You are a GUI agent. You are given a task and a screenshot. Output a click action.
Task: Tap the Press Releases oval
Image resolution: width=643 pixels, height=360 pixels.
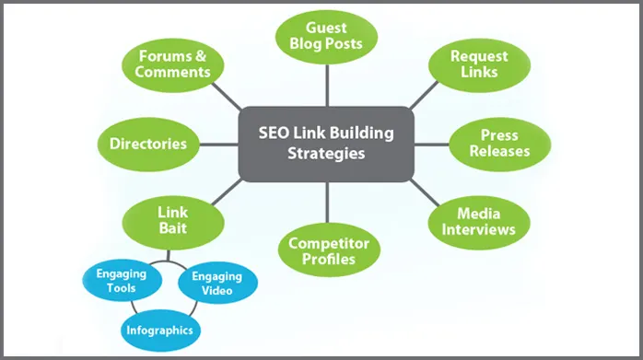(500, 143)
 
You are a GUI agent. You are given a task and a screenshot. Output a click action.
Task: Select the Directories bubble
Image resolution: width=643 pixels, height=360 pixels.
(148, 144)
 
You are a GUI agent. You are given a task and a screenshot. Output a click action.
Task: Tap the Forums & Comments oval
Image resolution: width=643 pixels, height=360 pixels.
(174, 64)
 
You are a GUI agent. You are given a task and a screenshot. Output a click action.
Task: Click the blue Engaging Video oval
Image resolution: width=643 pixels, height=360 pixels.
(216, 284)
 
